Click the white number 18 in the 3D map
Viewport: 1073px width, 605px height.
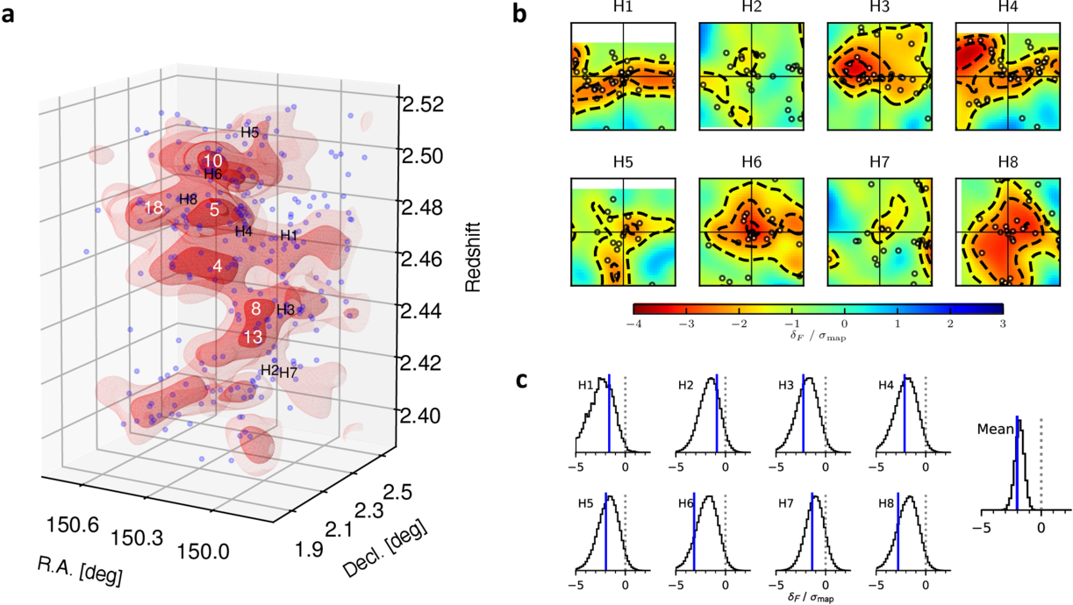(154, 208)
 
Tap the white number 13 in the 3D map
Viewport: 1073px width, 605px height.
(253, 337)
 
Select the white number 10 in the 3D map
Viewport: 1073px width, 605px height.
(212, 160)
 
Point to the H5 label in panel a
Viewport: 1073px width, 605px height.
(249, 132)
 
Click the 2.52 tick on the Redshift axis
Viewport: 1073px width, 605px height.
(423, 104)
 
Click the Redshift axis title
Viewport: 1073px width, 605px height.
(473, 257)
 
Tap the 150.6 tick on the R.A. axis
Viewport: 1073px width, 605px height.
(72, 524)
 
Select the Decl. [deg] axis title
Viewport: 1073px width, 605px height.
(384, 547)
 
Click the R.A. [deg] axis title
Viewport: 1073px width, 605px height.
(80, 572)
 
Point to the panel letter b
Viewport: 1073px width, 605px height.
(519, 14)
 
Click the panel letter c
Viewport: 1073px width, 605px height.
(521, 381)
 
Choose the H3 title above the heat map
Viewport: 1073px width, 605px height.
(879, 7)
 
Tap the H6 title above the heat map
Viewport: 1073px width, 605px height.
(751, 163)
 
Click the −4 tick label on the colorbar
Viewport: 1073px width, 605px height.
(633, 324)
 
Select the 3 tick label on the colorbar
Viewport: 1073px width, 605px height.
(1003, 324)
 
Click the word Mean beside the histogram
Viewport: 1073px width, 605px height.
(996, 430)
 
